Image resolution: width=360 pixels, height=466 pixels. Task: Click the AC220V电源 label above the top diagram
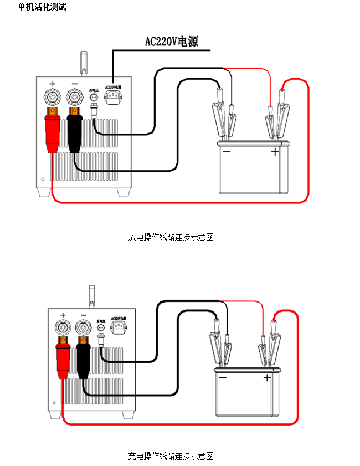[x=171, y=42]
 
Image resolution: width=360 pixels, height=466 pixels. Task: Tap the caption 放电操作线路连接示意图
[x=171, y=237]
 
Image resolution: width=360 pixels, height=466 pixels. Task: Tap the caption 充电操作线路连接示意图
[x=171, y=456]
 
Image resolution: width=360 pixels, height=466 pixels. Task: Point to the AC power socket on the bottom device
[x=119, y=329]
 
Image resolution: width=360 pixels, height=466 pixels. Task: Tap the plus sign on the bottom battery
[x=267, y=378]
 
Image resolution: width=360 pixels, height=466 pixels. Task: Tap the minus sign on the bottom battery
[x=223, y=378]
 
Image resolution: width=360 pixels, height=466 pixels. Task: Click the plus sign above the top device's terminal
[x=53, y=81]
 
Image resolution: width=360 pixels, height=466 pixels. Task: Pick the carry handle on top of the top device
[x=84, y=62]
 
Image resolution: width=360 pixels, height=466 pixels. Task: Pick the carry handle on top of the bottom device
[x=92, y=294]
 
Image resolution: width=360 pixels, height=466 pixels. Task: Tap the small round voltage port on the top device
[x=95, y=98]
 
